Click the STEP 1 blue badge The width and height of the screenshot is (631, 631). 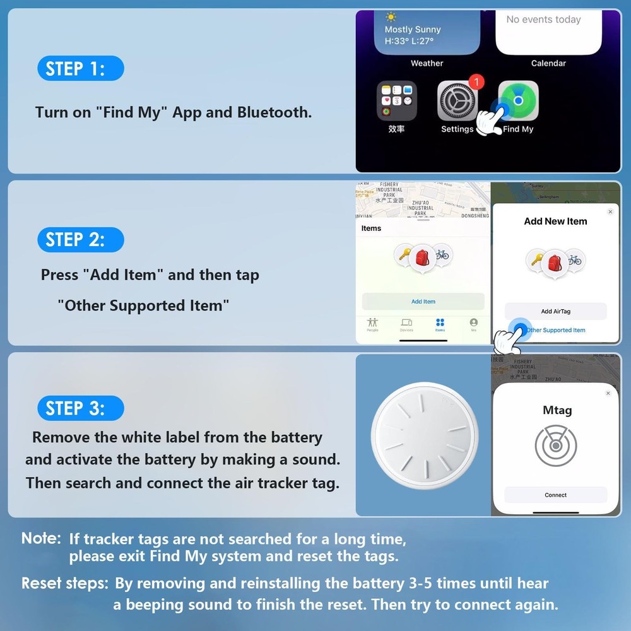pos(80,68)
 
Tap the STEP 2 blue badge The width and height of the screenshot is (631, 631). pos(80,240)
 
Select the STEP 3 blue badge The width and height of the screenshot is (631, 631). pos(80,408)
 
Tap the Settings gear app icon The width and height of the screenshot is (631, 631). pos(457,101)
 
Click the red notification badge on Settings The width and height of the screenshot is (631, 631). pos(476,82)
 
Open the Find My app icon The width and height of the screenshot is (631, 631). pos(518,101)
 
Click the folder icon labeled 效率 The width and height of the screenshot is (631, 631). pos(396,101)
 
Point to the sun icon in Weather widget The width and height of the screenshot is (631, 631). pos(391,17)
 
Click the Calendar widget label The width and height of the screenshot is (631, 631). pos(548,63)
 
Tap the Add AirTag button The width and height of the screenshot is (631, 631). pos(555,311)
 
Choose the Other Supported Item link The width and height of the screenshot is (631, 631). pos(555,330)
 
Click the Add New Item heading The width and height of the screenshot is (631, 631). pos(555,221)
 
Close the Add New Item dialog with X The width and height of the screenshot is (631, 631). pos(610,212)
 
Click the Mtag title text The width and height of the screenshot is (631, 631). pos(557,410)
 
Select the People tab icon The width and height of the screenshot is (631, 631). pos(372,322)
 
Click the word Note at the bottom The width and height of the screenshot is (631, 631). pos(41,538)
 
